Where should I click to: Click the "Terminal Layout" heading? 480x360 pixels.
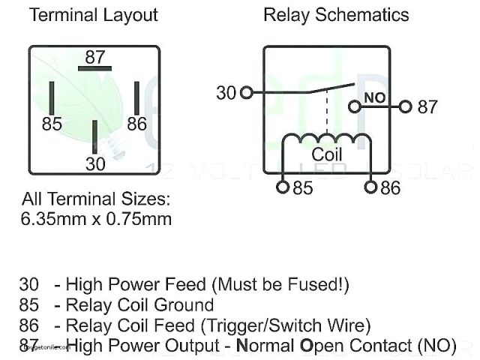pyautogui.click(x=94, y=15)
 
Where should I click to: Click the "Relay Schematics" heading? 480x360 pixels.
pyautogui.click(x=336, y=15)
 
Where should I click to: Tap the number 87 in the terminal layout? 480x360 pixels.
pyautogui.click(x=94, y=57)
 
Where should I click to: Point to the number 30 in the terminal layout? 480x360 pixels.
pyautogui.click(x=95, y=163)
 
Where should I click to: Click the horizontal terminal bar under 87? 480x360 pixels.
pyautogui.click(x=94, y=69)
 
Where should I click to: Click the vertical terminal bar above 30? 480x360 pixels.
pyautogui.click(x=94, y=136)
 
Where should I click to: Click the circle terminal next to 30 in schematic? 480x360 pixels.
pyautogui.click(x=247, y=93)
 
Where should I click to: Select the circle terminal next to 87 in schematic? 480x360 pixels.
pyautogui.click(x=406, y=106)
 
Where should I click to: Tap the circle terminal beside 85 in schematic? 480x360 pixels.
pyautogui.click(x=283, y=187)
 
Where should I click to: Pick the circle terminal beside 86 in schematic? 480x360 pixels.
pyautogui.click(x=370, y=187)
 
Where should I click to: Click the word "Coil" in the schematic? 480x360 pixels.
pyautogui.click(x=327, y=154)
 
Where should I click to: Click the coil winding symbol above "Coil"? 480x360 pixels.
pyautogui.click(x=327, y=138)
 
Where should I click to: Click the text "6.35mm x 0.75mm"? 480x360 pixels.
pyautogui.click(x=96, y=220)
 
